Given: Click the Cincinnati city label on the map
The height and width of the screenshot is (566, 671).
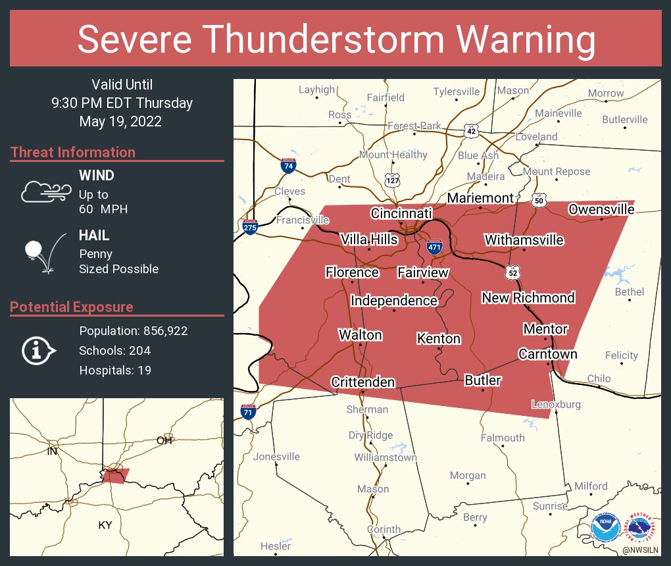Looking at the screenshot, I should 401,213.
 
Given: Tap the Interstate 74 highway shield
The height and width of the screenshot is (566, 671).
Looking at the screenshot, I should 287,166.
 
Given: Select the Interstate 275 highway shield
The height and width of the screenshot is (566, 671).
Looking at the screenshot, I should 250,227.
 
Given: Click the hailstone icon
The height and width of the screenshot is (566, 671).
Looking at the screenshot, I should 43,253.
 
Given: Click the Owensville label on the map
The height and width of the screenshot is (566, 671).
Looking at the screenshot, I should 601,209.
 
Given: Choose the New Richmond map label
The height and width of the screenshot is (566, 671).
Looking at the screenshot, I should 528,297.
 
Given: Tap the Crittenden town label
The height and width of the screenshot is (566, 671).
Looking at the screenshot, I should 362,382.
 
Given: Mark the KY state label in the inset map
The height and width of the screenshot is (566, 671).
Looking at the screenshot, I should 105,525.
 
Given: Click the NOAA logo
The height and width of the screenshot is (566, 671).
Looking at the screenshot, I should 605,528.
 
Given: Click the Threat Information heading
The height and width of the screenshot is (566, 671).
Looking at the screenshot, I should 73,152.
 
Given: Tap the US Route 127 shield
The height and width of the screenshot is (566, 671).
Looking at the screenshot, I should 392,180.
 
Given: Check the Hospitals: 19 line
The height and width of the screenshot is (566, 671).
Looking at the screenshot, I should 115,371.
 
